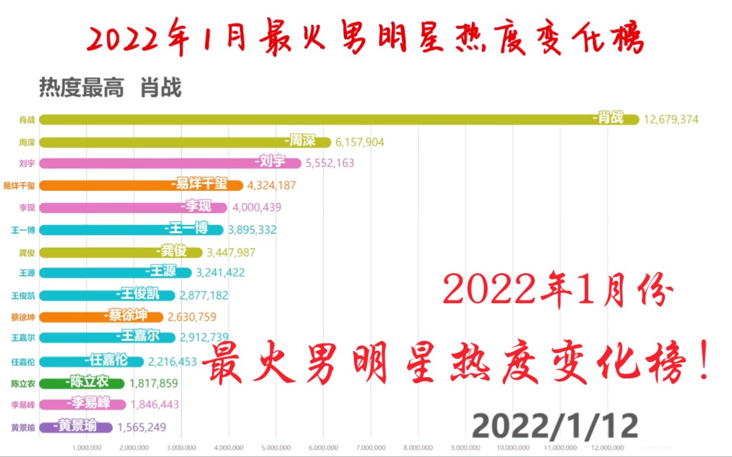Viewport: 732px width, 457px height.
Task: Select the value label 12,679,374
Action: click(671, 119)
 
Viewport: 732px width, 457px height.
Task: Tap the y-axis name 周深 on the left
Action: click(28, 141)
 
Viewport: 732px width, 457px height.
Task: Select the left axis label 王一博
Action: click(24, 230)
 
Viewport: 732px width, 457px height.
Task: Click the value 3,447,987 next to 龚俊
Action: click(231, 252)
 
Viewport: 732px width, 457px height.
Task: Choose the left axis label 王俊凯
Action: click(24, 295)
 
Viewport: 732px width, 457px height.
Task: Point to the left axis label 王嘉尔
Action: click(24, 338)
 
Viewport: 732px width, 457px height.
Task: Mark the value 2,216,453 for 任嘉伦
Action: click(173, 361)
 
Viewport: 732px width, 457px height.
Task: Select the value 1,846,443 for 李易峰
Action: click(154, 404)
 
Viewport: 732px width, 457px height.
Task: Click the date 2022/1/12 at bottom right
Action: click(554, 426)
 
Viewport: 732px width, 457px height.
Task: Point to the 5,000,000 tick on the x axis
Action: click(277, 447)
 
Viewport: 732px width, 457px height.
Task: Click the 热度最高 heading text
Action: click(81, 87)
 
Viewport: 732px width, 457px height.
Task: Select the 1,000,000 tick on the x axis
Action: click(87, 447)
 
